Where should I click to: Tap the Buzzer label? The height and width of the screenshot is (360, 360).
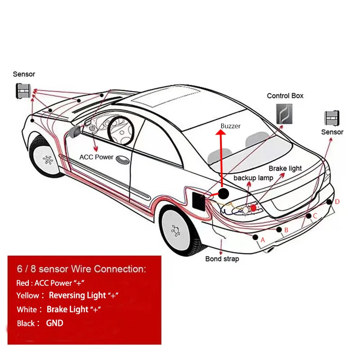point(230,126)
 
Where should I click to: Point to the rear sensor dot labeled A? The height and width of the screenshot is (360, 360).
point(256,237)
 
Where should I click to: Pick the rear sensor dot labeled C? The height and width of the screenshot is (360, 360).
point(308,216)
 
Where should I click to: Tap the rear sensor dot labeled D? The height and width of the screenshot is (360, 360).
point(330,201)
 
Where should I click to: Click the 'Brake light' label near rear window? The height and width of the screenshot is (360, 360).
point(285,168)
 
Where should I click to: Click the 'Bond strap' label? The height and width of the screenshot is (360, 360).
point(222,259)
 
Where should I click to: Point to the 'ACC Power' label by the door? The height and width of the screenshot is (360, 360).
point(96,157)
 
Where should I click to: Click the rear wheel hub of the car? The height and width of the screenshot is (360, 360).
point(176,230)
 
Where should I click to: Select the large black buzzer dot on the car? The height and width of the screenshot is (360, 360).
point(224,194)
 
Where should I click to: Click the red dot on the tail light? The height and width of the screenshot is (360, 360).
point(254,207)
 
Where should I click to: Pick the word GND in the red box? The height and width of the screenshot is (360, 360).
point(54,323)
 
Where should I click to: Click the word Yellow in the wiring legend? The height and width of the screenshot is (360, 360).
point(28,296)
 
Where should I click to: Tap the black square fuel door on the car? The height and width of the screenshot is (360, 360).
point(197,199)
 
